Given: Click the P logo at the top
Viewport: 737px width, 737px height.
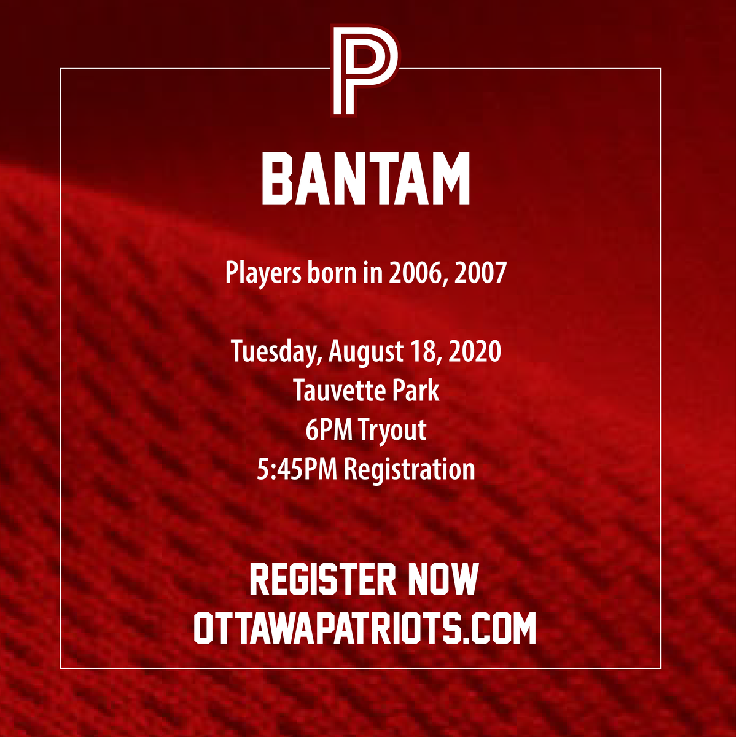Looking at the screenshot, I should click(x=365, y=70).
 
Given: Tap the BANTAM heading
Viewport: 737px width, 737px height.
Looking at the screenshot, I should click(x=366, y=179).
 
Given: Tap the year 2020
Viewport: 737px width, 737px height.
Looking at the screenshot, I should click(x=475, y=351).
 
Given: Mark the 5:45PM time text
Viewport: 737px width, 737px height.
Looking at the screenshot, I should click(x=297, y=469).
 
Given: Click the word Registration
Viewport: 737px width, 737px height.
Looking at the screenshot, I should click(x=409, y=470).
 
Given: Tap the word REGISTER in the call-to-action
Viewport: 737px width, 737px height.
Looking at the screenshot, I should click(x=322, y=579).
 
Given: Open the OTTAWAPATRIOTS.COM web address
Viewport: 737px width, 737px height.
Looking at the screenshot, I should click(x=365, y=627).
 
